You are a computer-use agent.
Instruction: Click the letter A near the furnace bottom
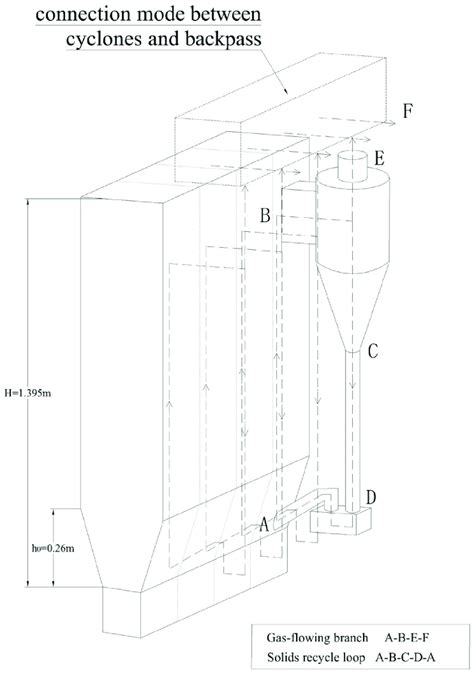pyautogui.click(x=264, y=522)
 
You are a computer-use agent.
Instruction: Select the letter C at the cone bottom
pyautogui.click(x=372, y=351)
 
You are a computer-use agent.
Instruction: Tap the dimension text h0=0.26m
pyautogui.click(x=35, y=548)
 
